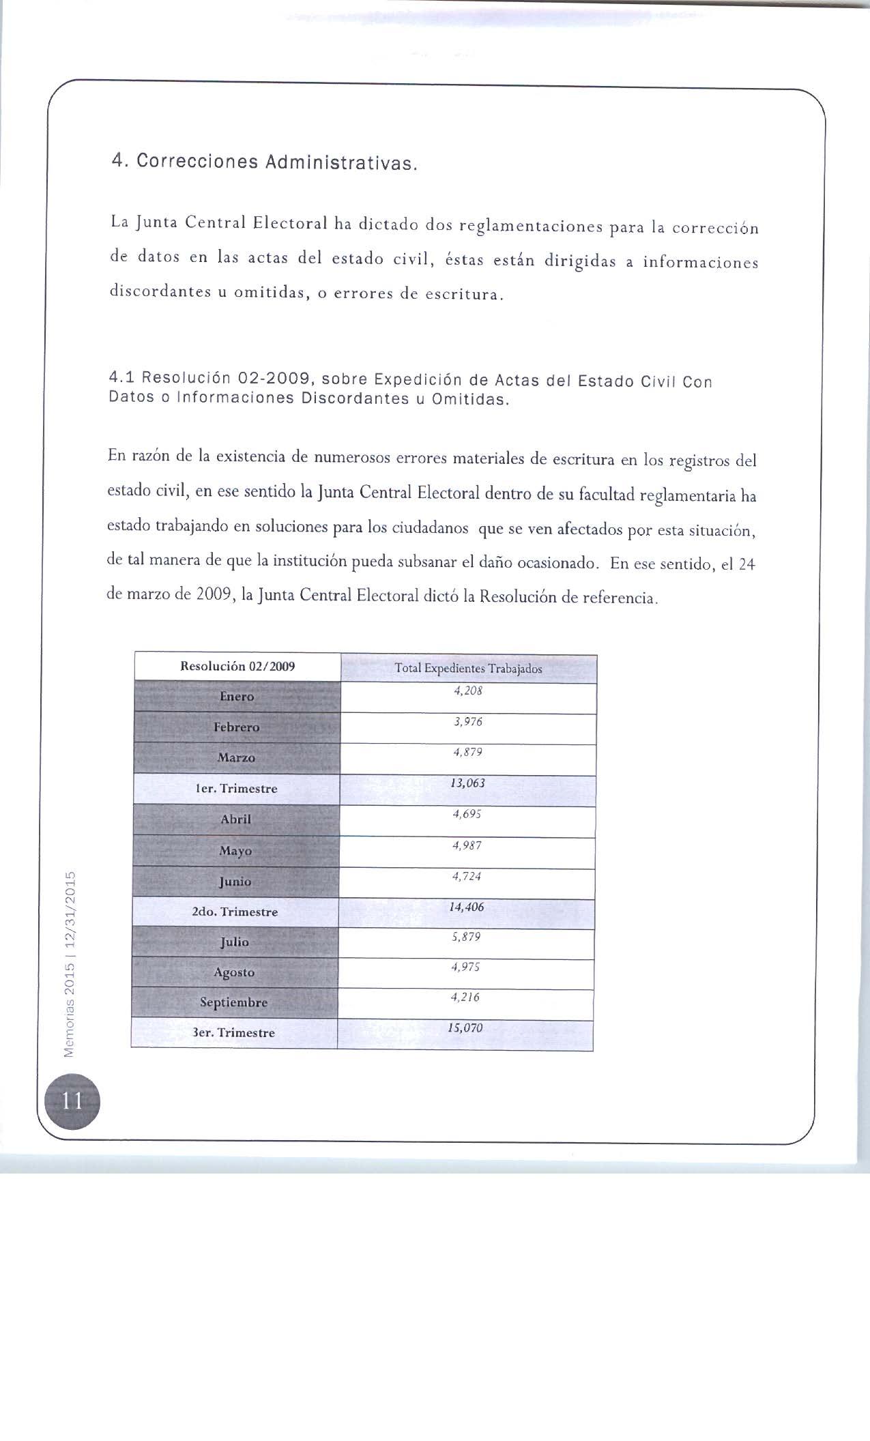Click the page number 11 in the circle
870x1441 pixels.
pyautogui.click(x=72, y=1101)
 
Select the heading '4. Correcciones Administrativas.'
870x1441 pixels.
pyautogui.click(x=263, y=162)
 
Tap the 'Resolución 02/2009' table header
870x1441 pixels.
pyautogui.click(x=237, y=667)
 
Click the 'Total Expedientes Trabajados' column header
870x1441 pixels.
pyautogui.click(x=468, y=669)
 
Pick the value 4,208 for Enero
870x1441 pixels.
pyautogui.click(x=468, y=690)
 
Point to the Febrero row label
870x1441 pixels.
pyautogui.click(x=237, y=727)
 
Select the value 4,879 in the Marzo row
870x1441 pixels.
pyautogui.click(x=468, y=753)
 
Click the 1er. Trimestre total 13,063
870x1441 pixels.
pyautogui.click(x=468, y=783)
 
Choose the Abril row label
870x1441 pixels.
pyautogui.click(x=236, y=819)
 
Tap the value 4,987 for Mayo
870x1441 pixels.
pyautogui.click(x=467, y=845)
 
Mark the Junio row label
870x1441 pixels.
pyautogui.click(x=235, y=882)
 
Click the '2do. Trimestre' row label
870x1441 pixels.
pyautogui.click(x=235, y=912)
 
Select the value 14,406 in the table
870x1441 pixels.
pyautogui.click(x=467, y=907)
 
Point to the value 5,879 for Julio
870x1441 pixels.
pyautogui.click(x=467, y=937)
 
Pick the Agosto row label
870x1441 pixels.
pyautogui.click(x=234, y=972)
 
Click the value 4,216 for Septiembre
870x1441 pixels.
pyautogui.click(x=466, y=998)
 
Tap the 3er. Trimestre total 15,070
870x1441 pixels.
pyautogui.click(x=465, y=1028)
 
